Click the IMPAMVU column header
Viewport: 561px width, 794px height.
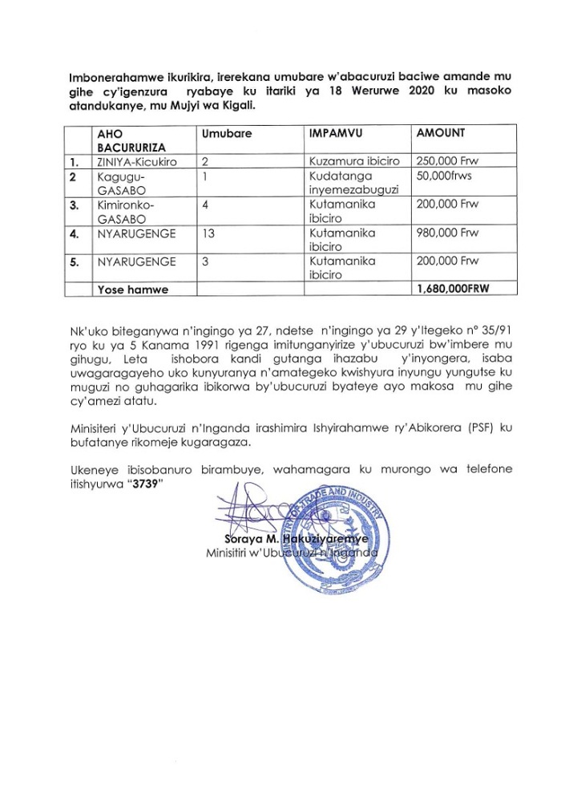[x=332, y=133]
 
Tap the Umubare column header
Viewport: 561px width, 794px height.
[x=227, y=133]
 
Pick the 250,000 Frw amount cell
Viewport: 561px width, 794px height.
[x=447, y=161]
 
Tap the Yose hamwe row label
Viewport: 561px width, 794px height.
[x=132, y=290]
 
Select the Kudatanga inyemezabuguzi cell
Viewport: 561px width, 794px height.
[x=353, y=182]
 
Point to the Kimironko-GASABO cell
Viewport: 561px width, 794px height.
[x=128, y=211]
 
